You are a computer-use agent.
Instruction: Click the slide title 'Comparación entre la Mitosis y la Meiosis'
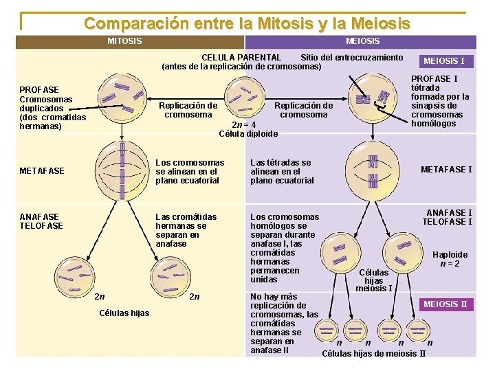[247, 23]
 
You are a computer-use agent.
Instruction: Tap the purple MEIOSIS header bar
[361, 42]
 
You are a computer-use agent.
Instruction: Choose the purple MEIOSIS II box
[445, 304]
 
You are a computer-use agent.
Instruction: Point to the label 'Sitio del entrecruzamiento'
[351, 57]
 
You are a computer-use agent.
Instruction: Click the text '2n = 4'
[244, 124]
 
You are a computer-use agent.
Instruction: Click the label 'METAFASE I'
[446, 170]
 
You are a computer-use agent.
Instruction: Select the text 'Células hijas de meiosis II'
[374, 354]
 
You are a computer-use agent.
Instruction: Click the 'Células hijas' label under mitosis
[124, 313]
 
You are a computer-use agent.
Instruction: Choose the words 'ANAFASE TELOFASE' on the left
[41, 221]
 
